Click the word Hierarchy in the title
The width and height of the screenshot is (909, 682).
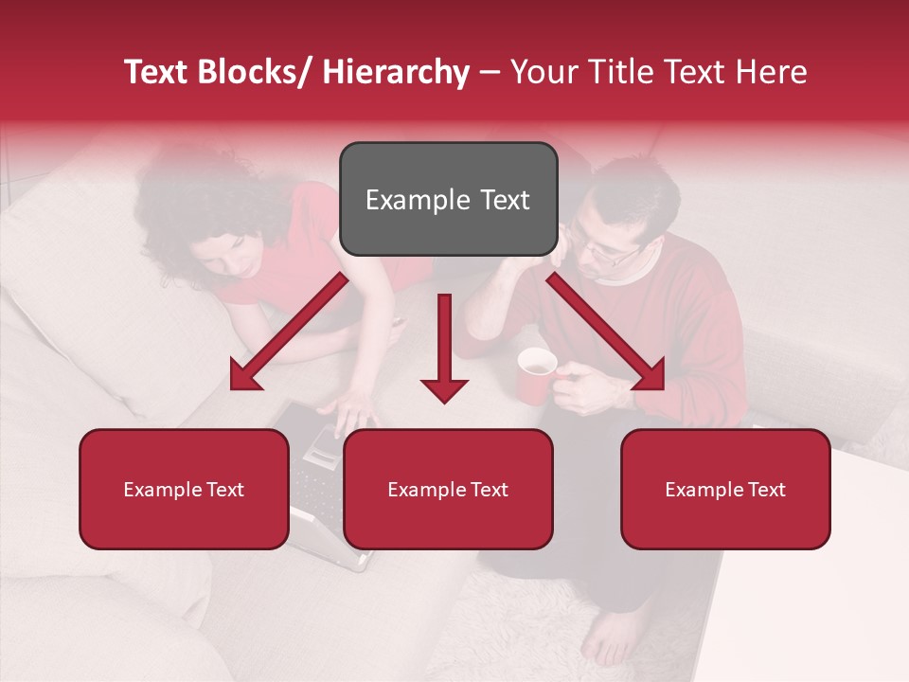point(395,73)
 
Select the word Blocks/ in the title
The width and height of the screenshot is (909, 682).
point(251,73)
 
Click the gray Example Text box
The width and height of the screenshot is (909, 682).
point(448,199)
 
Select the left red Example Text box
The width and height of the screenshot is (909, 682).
point(184,489)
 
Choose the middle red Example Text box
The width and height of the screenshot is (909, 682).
point(448,489)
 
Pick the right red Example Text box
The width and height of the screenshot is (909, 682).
point(725,489)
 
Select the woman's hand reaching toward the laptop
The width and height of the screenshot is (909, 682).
point(348,412)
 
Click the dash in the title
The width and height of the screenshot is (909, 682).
point(490,73)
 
